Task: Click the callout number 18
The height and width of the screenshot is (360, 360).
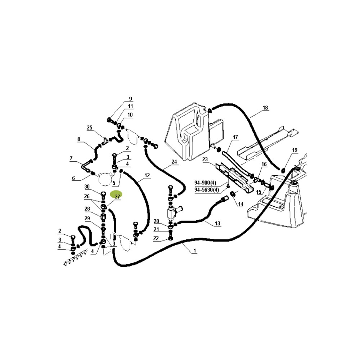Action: [265, 108]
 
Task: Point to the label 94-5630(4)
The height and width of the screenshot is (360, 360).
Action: [206, 190]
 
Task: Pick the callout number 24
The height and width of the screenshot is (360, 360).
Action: [174, 162]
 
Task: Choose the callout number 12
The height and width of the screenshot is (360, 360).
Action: [147, 175]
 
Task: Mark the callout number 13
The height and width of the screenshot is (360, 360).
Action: [217, 224]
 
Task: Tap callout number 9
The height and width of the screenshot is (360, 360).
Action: [130, 99]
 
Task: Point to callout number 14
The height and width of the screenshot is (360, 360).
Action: [240, 204]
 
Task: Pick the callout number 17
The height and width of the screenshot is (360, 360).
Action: [235, 137]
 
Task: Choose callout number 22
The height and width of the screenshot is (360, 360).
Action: [156, 238]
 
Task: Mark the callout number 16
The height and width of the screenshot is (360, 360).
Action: [264, 164]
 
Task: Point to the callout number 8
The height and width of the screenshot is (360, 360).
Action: [78, 139]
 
